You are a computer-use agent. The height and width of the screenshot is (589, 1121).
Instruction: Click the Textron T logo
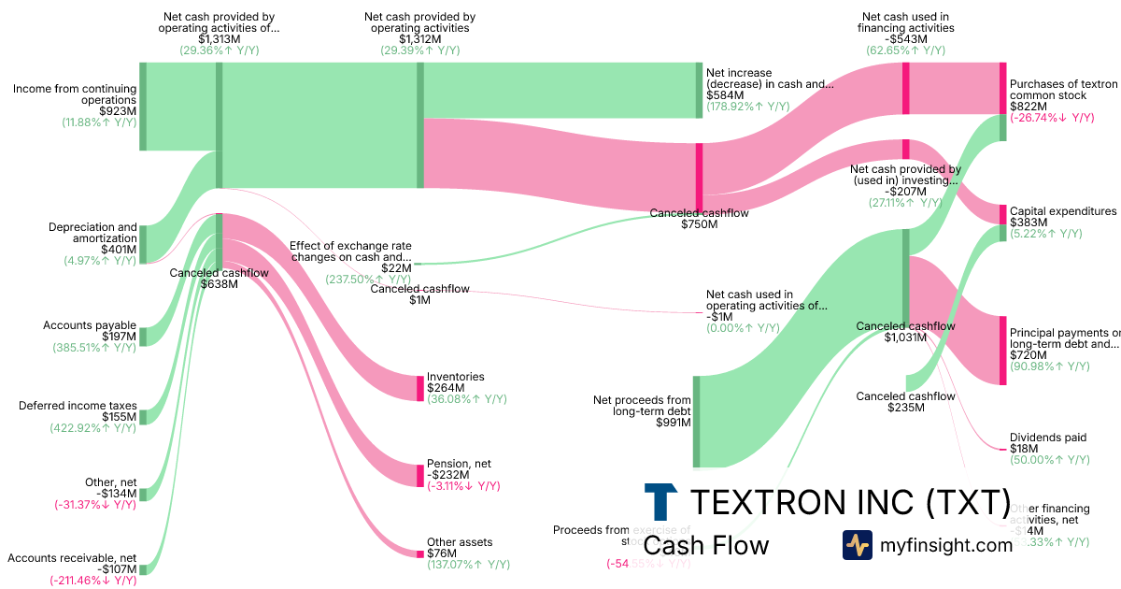(660, 502)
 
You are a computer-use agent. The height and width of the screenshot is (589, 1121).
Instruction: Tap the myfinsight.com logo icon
(857, 545)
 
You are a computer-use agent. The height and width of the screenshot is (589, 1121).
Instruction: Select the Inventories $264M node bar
(420, 388)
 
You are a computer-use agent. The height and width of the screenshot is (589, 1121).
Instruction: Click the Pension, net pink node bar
(420, 475)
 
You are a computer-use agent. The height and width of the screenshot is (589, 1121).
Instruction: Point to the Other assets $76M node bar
(420, 553)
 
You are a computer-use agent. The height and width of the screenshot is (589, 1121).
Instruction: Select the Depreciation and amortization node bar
(143, 244)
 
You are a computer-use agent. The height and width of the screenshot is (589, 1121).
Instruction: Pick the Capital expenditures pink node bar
(1002, 214)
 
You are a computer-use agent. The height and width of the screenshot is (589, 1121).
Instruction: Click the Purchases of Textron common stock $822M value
(1029, 107)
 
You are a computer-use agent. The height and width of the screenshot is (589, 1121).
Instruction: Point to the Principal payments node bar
(1002, 351)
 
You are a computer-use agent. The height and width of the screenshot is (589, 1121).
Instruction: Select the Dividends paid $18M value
(1027, 449)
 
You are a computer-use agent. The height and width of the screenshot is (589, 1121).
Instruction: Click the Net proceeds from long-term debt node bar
(696, 421)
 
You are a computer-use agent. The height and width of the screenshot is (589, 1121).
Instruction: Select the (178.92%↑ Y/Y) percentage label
(747, 107)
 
